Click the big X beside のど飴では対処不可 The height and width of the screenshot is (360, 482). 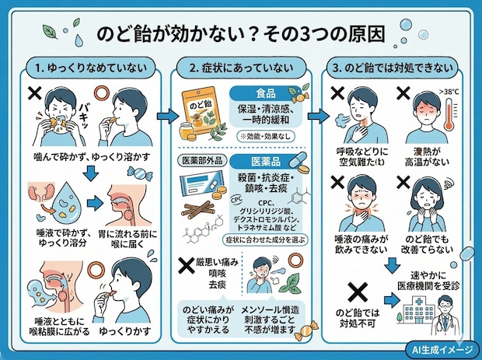click(355, 294)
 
